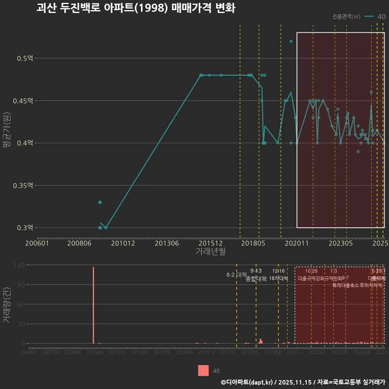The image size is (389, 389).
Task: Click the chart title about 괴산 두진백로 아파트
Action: coord(136,8)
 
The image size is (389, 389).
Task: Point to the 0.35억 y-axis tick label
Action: coord(23,186)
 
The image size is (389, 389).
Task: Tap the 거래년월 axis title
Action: coord(210,252)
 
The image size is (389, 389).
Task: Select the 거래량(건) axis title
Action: coord(7,306)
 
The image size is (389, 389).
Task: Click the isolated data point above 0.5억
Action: coord(291,41)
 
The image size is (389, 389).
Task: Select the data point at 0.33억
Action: coord(100,202)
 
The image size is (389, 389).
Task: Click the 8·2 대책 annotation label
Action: coord(236,275)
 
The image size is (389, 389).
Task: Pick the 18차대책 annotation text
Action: coord(278,278)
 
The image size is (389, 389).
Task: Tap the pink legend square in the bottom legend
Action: coord(203,370)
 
